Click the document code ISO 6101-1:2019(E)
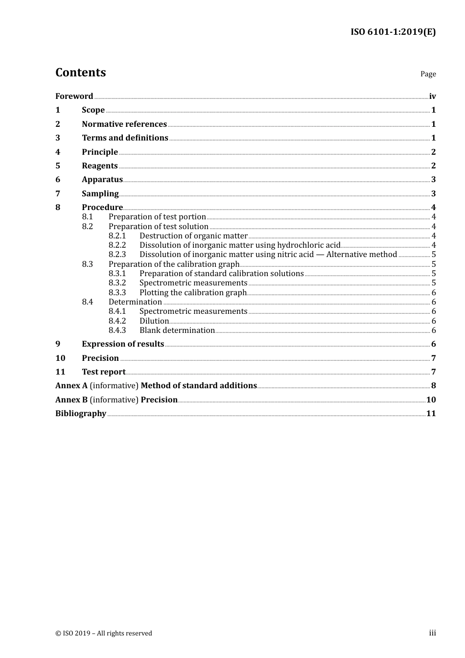[x=393, y=32]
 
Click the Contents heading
[x=80, y=72]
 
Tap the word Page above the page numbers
[x=428, y=74]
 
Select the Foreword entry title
[x=74, y=96]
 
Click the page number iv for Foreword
[x=432, y=96]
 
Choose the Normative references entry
[x=124, y=124]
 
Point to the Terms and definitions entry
[x=125, y=138]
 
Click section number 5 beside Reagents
[x=58, y=166]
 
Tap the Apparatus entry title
[x=102, y=180]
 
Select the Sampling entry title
[x=100, y=194]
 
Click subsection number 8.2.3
[x=117, y=255]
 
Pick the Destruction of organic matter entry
[x=193, y=236]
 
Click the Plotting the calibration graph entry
[x=193, y=293]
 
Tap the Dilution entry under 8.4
[x=154, y=321]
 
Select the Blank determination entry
[x=177, y=330]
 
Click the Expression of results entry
[x=123, y=344]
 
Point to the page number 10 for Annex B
[x=431, y=400]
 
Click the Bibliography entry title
[x=81, y=414]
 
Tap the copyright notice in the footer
[x=104, y=634]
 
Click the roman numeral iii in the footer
[x=432, y=633]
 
